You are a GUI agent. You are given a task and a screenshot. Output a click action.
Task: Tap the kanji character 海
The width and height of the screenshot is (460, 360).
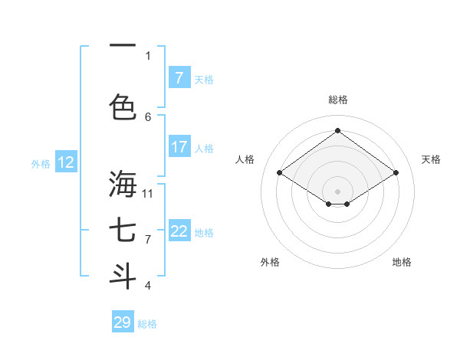123,184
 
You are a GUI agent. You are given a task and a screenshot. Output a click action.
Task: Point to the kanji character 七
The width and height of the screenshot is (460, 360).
123,231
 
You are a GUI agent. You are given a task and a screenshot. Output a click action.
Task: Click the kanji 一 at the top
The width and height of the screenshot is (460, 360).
123,46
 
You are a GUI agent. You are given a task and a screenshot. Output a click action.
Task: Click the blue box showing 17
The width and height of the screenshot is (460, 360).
179,147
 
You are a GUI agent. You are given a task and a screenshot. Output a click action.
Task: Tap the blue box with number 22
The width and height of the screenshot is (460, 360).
179,231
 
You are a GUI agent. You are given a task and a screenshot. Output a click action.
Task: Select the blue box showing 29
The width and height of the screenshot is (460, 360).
123,322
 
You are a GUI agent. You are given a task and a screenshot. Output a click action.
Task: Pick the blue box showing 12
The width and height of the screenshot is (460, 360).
66,162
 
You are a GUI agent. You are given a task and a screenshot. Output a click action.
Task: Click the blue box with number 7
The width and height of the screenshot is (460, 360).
179,78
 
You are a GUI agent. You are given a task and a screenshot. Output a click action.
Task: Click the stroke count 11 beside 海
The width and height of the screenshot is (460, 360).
148,193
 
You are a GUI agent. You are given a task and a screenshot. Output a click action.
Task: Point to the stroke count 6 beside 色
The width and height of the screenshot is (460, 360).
148,116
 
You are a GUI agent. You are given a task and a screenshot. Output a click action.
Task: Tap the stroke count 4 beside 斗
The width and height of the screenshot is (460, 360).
148,285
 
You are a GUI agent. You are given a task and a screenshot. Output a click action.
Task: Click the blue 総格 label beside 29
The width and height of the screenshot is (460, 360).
147,324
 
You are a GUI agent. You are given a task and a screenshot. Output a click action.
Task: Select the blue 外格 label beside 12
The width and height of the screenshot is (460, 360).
41,163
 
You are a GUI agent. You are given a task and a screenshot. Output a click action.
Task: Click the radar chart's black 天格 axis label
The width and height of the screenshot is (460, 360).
431,159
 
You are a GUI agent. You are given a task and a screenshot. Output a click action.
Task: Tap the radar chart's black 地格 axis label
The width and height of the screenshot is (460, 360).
402,262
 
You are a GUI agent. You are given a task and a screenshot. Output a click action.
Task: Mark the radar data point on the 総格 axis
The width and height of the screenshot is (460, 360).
337,131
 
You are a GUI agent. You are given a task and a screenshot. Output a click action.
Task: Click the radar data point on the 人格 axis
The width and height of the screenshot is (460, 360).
280,173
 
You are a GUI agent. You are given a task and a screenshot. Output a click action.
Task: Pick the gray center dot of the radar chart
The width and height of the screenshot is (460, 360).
337,190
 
